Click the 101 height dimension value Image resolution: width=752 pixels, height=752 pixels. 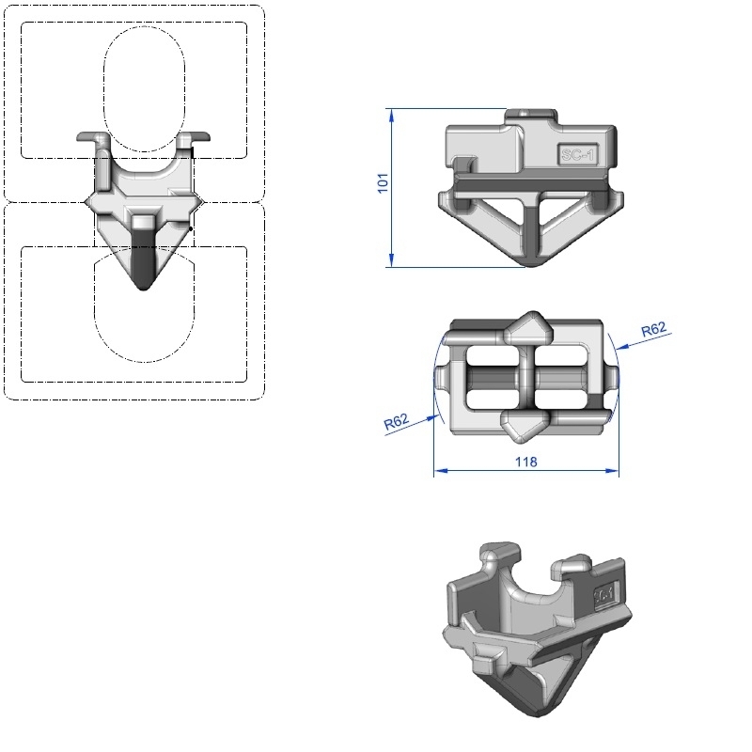click(383, 183)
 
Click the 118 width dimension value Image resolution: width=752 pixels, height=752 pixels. click(526, 462)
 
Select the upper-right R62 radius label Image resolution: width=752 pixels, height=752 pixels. click(653, 329)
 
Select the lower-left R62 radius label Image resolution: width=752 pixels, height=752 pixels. click(396, 421)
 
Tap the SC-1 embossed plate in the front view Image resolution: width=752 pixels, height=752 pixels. click(578, 155)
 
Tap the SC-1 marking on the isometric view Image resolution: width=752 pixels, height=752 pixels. click(604, 596)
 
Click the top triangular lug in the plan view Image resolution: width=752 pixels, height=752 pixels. click(528, 327)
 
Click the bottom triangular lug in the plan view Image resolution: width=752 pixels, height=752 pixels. click(525, 426)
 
